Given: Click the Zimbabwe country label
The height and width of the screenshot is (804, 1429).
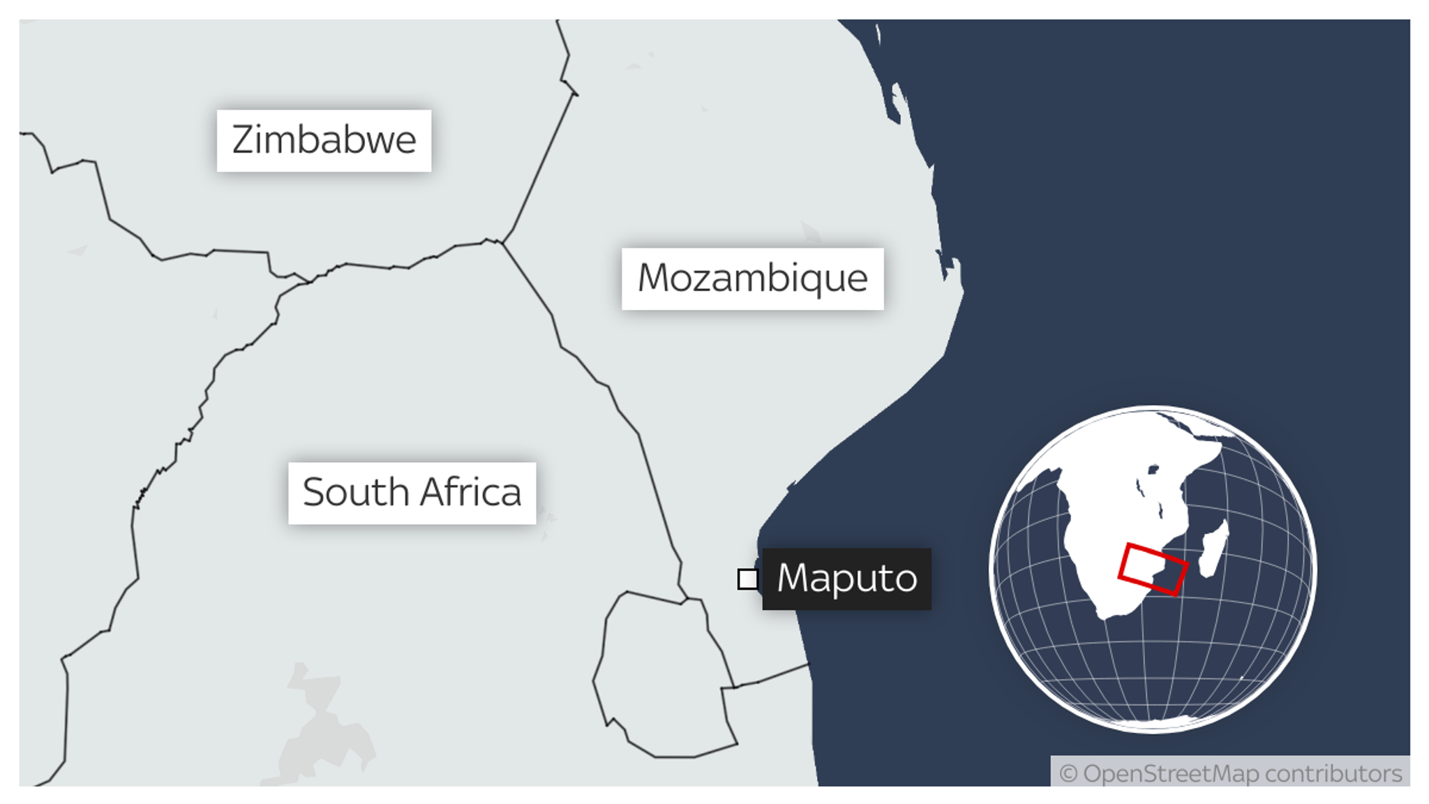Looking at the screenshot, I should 324,140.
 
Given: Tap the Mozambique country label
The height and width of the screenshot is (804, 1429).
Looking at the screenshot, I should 752,278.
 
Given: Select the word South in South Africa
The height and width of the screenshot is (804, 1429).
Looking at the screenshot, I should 355,493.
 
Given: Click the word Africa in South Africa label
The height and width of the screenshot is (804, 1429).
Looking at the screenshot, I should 471,493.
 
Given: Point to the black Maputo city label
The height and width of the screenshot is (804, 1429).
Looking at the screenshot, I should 846,579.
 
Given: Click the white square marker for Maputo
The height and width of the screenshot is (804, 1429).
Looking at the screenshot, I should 748,579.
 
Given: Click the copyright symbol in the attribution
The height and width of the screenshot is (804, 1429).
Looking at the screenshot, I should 1068,774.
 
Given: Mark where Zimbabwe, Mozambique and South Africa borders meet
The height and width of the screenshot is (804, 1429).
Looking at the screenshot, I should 502,243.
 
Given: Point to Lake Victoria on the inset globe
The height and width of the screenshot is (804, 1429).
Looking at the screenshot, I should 1153,470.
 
